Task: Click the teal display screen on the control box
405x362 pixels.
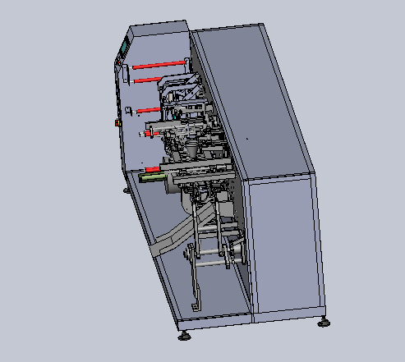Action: tap(123, 47)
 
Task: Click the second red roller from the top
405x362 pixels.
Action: tap(148, 79)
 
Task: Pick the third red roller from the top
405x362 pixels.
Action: tap(149, 108)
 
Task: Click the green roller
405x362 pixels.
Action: tap(151, 176)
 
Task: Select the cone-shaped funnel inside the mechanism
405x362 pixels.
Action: tap(191, 150)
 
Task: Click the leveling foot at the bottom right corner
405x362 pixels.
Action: tap(324, 323)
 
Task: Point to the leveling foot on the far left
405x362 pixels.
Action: tap(126, 191)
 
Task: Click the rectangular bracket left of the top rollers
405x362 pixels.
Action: tap(126, 75)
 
